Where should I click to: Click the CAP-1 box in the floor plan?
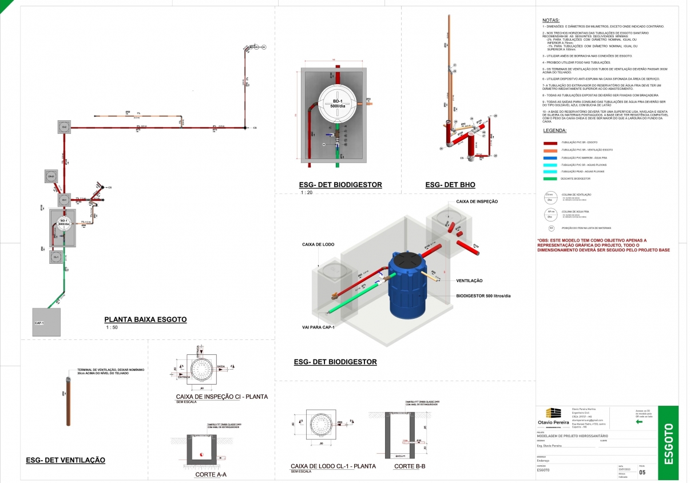(46, 322)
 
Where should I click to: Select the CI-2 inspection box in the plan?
(65, 126)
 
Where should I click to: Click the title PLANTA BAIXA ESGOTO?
(145, 320)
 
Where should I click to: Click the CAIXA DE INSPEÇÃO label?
(477, 201)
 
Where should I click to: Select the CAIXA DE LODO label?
(318, 244)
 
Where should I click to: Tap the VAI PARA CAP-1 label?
(318, 327)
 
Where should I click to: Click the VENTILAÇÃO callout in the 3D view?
(469, 280)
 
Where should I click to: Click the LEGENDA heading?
(554, 130)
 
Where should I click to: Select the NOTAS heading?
(550, 20)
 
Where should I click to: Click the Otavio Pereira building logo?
(553, 414)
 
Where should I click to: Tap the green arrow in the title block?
(640, 421)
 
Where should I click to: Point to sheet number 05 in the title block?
(642, 472)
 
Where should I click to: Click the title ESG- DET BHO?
(450, 185)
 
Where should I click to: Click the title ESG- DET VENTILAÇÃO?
(65, 460)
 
